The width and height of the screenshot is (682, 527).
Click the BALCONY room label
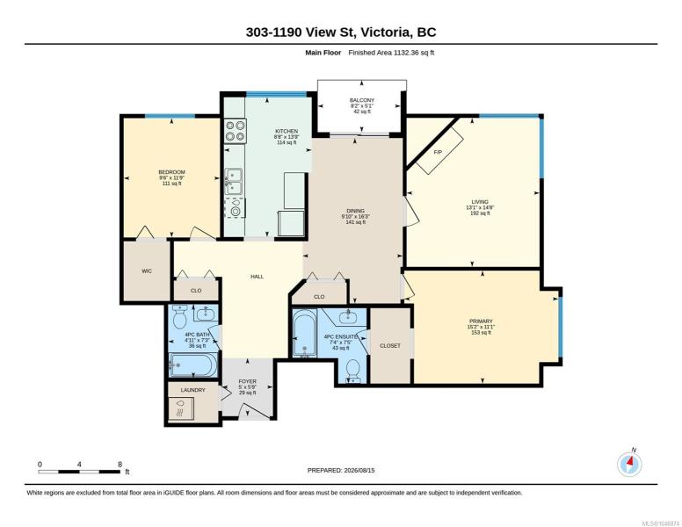pos(362,100)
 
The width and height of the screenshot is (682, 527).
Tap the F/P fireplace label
pos(438,152)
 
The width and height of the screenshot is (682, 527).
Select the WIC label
pos(147,271)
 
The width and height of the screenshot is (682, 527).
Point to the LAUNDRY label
pos(192,390)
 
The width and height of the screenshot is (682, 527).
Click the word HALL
pos(257,277)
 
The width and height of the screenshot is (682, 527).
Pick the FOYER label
pos(248,381)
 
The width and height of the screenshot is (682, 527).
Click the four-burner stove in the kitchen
pos(236,131)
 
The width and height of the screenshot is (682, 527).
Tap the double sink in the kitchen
pos(234,181)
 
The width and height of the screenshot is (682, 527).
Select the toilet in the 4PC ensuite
pos(352,371)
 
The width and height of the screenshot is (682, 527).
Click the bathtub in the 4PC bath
pos(193,365)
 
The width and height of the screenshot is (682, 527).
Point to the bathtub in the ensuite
pos(304,333)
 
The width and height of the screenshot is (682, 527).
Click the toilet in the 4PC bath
pos(179,317)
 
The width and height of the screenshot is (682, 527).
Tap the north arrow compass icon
pos(629,464)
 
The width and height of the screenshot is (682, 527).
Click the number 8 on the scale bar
pos(120,465)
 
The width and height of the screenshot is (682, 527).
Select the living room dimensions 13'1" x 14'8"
pos(480,207)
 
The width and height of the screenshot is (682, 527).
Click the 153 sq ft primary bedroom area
pos(481,333)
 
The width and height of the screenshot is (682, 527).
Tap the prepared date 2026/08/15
pos(359,470)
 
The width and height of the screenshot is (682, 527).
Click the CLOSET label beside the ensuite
pos(390,346)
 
